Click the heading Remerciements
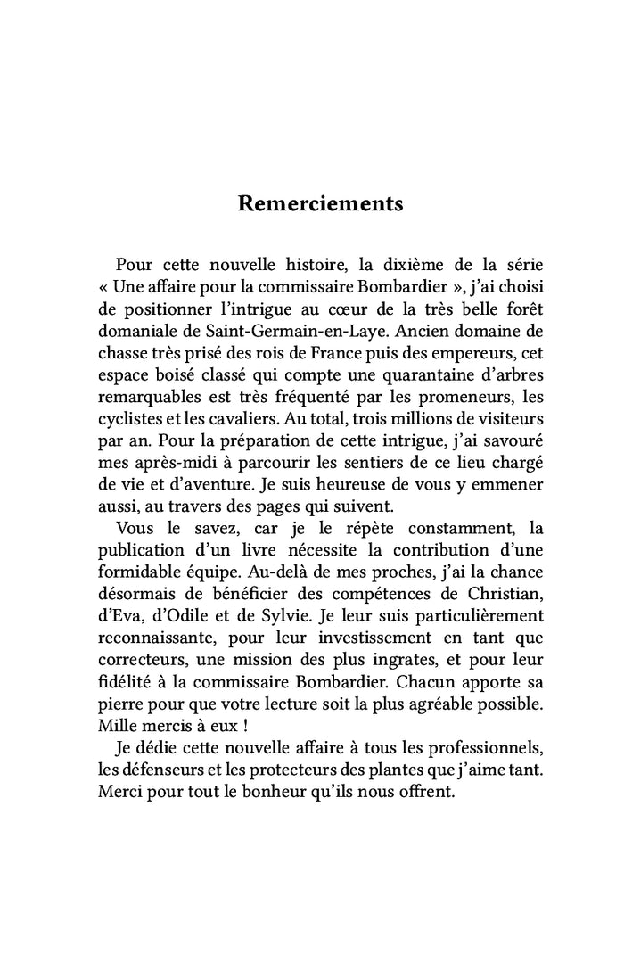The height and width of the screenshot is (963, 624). click(x=320, y=203)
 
